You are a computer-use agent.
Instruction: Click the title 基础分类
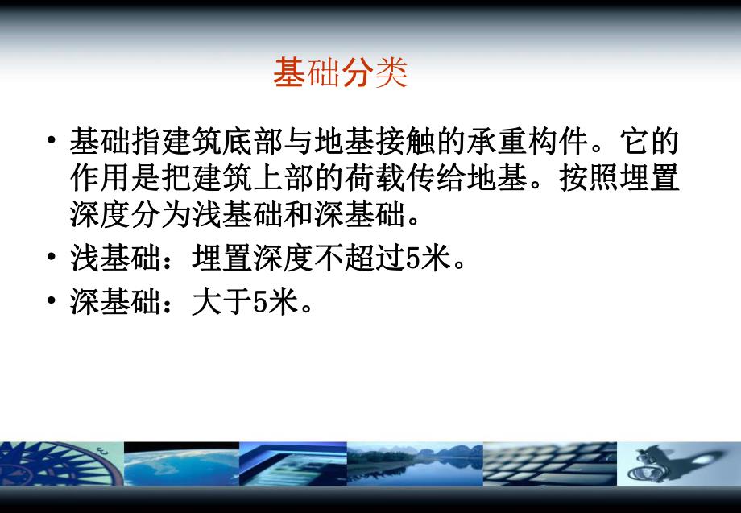click(341, 73)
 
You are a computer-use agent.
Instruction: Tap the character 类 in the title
click(391, 73)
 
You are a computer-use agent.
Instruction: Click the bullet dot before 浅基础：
click(52, 259)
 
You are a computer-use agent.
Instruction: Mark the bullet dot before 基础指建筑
click(52, 144)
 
